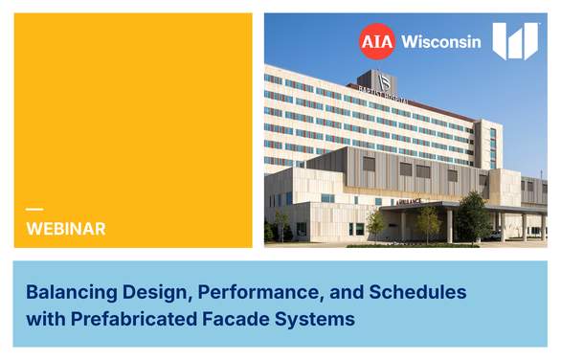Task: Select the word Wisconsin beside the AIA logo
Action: tap(441, 42)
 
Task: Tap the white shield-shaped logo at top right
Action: tap(515, 41)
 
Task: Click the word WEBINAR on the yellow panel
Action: tap(66, 229)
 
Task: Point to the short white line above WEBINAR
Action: tap(34, 210)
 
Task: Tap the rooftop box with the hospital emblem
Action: tap(376, 80)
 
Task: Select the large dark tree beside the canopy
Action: tap(472, 218)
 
